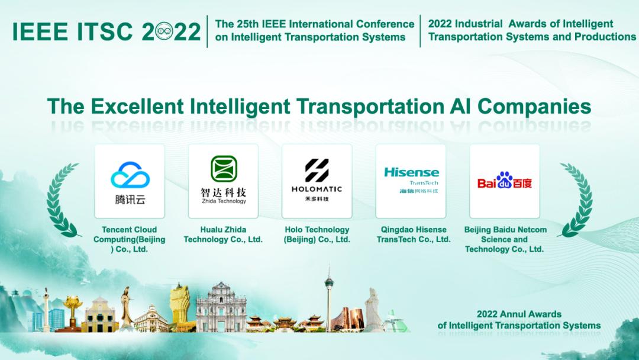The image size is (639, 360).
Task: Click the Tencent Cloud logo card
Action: (x=130, y=181)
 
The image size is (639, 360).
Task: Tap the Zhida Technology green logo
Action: (x=224, y=169)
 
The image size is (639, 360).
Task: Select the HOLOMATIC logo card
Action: (x=317, y=181)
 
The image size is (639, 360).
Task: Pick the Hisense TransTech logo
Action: (x=411, y=180)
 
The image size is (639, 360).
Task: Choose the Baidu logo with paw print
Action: (x=505, y=180)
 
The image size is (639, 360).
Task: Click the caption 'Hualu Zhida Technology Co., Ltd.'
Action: (x=223, y=234)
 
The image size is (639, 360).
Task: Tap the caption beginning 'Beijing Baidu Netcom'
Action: (x=504, y=239)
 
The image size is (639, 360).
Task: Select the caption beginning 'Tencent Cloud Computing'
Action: (x=130, y=239)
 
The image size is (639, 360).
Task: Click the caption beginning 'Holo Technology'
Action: (x=317, y=234)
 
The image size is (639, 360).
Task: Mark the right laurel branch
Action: (x=575, y=200)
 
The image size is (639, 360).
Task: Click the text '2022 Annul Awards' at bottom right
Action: (x=519, y=314)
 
